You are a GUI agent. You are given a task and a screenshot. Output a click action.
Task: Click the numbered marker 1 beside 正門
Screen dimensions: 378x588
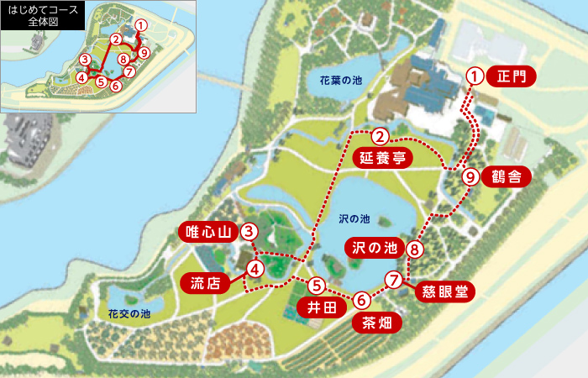click(x=475, y=76)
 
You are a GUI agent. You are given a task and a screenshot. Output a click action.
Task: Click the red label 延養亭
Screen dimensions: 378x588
click(x=383, y=158)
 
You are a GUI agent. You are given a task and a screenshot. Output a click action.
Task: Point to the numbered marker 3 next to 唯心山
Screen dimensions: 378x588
click(x=249, y=231)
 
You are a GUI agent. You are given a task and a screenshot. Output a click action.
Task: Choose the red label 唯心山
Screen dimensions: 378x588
click(x=207, y=232)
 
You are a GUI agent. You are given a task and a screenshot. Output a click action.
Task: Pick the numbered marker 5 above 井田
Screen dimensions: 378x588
click(x=317, y=286)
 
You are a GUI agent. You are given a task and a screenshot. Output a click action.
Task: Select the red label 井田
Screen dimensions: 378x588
click(x=320, y=308)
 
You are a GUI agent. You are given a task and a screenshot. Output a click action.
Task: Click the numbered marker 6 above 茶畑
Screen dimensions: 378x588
click(x=361, y=299)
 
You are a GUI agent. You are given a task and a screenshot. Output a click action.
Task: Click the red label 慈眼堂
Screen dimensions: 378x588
click(x=444, y=291)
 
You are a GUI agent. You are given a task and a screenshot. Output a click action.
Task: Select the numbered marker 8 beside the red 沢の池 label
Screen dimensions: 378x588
click(x=413, y=249)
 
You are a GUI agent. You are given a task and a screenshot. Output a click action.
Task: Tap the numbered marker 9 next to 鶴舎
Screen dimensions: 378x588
click(x=470, y=177)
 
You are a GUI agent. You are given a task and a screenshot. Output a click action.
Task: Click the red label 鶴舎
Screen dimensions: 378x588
click(x=508, y=176)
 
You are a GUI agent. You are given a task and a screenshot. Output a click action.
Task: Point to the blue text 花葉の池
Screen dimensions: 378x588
click(x=340, y=81)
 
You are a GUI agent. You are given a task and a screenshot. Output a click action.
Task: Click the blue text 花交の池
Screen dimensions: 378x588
click(x=129, y=313)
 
